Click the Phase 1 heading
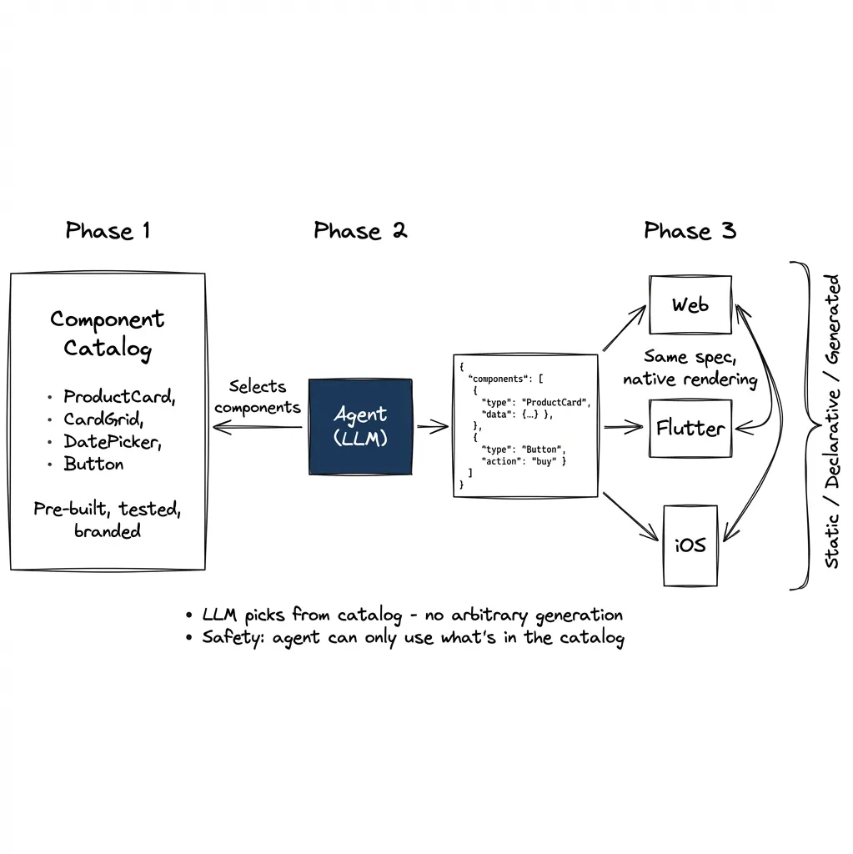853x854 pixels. (108, 231)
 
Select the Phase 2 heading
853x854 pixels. (360, 231)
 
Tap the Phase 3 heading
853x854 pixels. (690, 231)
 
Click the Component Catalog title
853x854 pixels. (108, 333)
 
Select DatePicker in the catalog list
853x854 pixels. (113, 442)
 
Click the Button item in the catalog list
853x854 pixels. (93, 465)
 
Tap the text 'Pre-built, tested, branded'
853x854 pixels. (108, 519)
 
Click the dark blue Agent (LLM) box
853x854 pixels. (360, 427)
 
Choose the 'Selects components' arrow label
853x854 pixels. (257, 397)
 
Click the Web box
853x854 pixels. (690, 305)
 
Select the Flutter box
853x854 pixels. (690, 429)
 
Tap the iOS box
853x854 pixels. (690, 545)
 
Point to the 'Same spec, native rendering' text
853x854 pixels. (690, 368)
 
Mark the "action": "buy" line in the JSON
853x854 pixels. (524, 461)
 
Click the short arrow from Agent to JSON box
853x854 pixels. (432, 428)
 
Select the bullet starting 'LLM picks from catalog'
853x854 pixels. (412, 615)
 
